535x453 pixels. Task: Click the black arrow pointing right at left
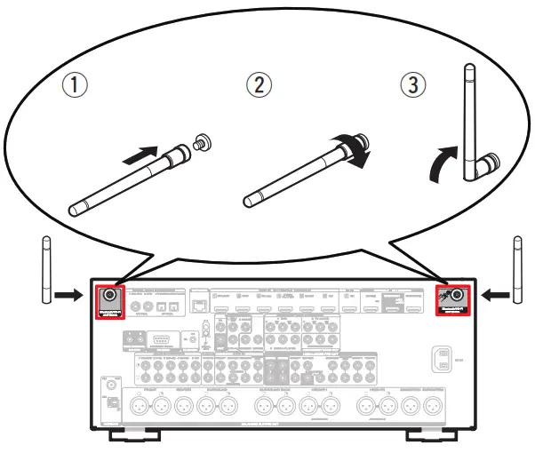click(x=68, y=290)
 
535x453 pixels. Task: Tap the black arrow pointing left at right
click(x=494, y=290)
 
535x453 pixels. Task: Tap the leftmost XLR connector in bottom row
click(x=139, y=406)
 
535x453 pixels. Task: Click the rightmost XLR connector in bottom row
click(x=432, y=406)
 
